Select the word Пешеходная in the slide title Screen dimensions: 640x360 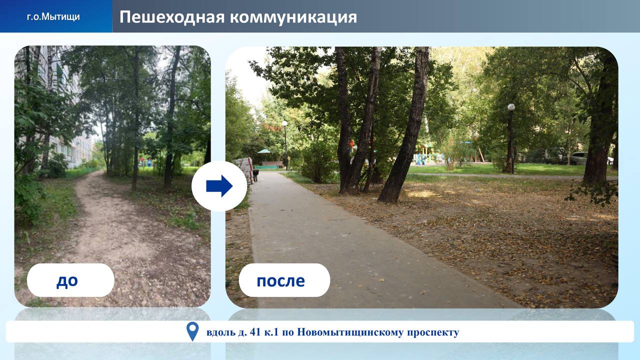click(x=172, y=17)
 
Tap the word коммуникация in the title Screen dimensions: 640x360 click(x=293, y=17)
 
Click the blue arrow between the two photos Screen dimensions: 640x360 click(x=219, y=186)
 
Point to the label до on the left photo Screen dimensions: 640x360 click(x=67, y=281)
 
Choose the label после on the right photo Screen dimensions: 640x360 click(x=280, y=281)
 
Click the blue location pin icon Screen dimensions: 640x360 click(x=192, y=331)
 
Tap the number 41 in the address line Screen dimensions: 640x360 click(x=255, y=332)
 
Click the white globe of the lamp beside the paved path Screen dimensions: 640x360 click(x=284, y=123)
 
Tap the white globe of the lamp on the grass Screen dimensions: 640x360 click(x=511, y=107)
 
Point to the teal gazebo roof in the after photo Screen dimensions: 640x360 click(x=264, y=151)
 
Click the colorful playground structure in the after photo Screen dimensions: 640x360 click(x=427, y=155)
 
